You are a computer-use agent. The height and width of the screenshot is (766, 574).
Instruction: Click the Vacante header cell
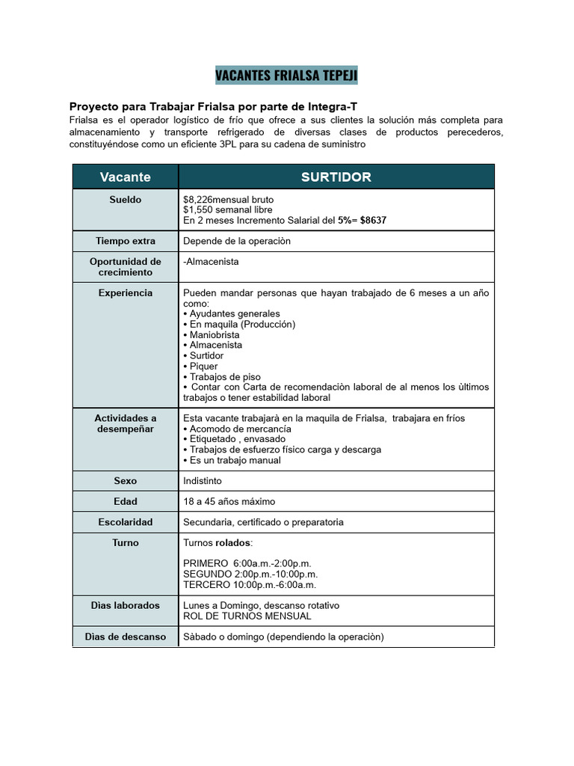pos(125,177)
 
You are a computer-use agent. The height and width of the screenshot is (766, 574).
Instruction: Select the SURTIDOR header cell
pos(336,177)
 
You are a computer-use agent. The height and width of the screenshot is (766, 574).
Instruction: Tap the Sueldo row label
pos(125,200)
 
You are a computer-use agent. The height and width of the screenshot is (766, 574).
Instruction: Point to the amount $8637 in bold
pos(373,221)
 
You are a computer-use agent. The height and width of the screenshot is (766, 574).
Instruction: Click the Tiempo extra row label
pos(125,241)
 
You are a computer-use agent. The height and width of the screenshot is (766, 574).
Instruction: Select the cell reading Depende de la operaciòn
pos(237,241)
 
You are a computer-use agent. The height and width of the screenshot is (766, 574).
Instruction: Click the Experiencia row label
pos(125,292)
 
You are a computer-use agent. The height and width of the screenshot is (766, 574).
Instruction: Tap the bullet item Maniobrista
pos(215,335)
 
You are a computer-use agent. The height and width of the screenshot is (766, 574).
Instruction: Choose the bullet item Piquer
pos(203,367)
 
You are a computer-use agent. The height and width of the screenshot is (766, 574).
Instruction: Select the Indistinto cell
pos(203,481)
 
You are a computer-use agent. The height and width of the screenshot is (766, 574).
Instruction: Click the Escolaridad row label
pos(125,521)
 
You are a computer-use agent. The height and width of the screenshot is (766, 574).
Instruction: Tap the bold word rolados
pos(233,542)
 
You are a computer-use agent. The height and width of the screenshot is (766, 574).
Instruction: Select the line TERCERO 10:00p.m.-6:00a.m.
pos(250,584)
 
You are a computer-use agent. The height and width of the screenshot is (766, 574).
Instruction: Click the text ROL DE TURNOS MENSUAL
pos(247,616)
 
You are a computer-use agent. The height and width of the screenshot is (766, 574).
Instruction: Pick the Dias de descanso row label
pos(125,637)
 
